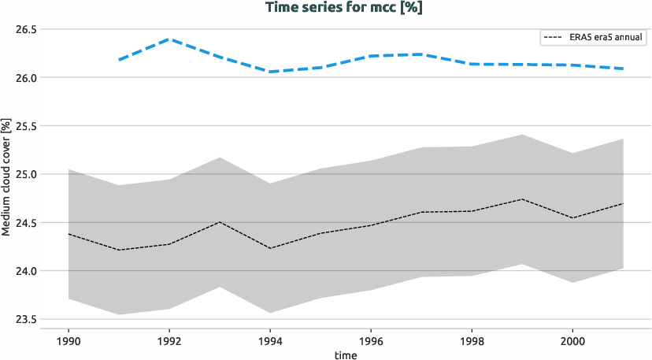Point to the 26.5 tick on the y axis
coord(27,30)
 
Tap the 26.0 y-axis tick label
coord(27,78)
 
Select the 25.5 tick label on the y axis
coord(27,126)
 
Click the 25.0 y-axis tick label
coord(27,174)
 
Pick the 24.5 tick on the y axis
coord(27,223)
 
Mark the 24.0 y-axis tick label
coord(27,271)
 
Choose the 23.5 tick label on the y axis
coord(27,319)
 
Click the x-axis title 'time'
coord(345,354)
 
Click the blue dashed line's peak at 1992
coord(169,39)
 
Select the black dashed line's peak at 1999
coord(522,199)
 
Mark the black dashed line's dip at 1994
coord(270,248)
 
